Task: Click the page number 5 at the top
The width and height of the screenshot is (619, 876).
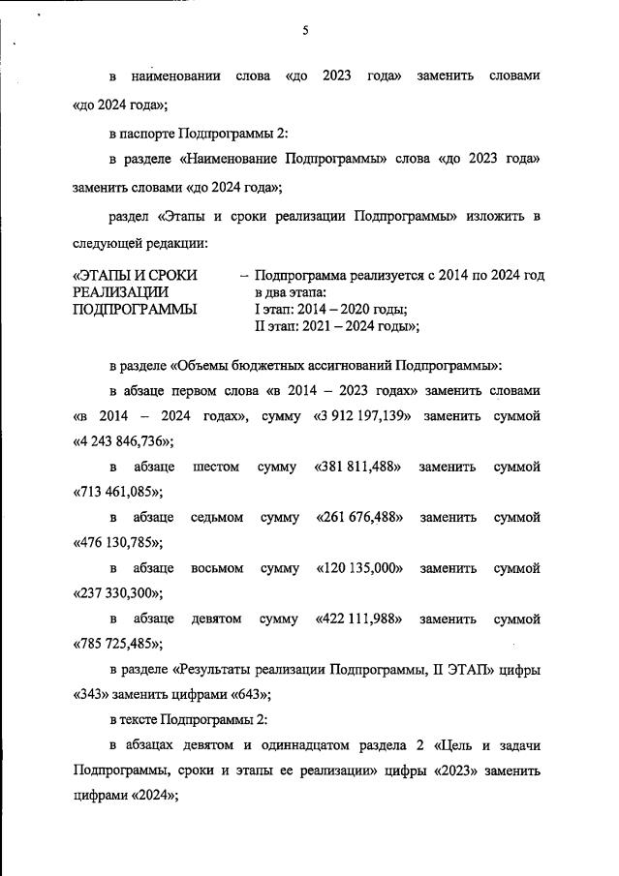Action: (x=305, y=30)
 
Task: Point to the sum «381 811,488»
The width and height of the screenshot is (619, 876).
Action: (x=358, y=467)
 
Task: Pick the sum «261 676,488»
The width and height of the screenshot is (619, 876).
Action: (x=359, y=517)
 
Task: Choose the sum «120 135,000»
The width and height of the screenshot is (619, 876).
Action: (x=359, y=567)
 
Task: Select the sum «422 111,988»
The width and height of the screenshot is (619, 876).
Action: (x=359, y=618)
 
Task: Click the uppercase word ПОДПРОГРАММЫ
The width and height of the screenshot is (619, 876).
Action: (x=135, y=310)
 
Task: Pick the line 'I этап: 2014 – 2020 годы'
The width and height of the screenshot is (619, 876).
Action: (x=330, y=310)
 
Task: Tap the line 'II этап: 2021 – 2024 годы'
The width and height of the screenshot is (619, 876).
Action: (x=336, y=327)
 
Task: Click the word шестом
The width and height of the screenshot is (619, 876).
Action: (x=217, y=467)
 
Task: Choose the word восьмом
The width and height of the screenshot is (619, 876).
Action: (x=217, y=567)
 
